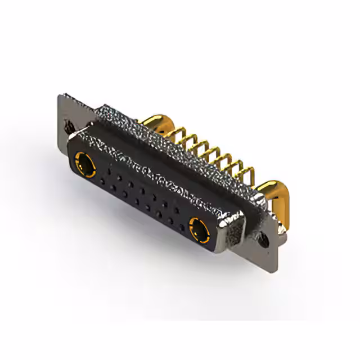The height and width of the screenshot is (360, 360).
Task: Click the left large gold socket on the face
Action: click(x=85, y=166)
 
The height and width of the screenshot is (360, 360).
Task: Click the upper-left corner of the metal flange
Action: click(x=61, y=97)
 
